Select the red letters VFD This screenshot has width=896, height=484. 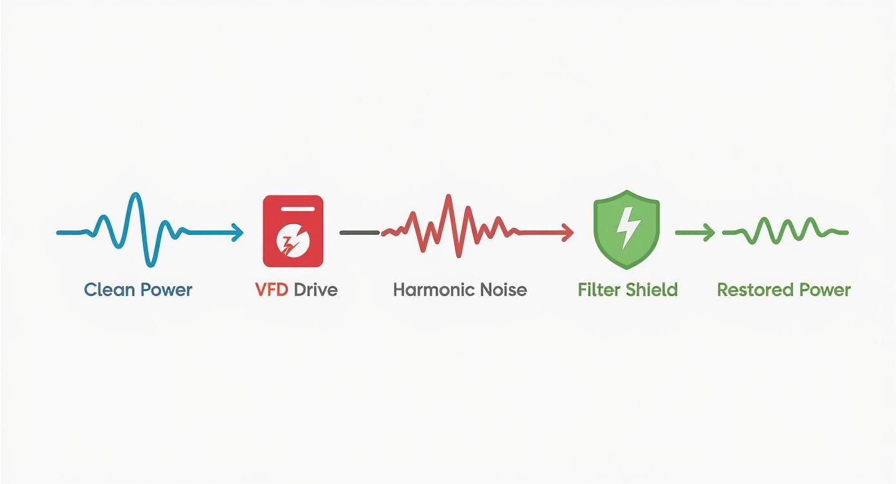(x=271, y=290)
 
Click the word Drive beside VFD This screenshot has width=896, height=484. (x=315, y=290)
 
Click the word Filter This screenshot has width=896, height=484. (x=598, y=290)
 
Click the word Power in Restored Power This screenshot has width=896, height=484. (x=823, y=290)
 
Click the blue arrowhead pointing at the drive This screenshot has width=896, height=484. (x=238, y=232)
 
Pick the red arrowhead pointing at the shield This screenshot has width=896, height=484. (x=568, y=232)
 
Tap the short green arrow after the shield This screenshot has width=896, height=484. (x=695, y=232)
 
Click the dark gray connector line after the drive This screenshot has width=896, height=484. (x=359, y=232)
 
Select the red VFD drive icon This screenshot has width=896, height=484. (x=293, y=231)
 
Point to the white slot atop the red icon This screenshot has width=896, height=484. (x=293, y=209)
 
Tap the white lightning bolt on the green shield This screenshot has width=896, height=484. (x=626, y=227)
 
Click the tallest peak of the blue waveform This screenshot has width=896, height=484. (x=135, y=194)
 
